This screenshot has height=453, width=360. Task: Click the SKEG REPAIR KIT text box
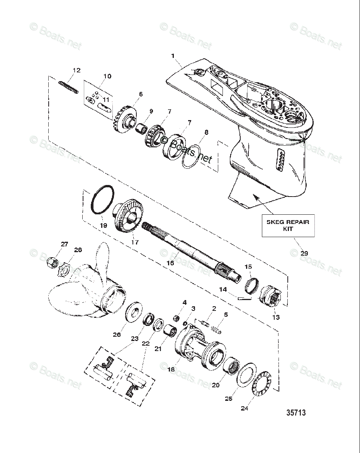(288, 225)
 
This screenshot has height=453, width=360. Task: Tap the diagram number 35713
(296, 412)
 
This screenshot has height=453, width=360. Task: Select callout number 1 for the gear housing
(173, 56)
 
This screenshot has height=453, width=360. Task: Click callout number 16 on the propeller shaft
(170, 263)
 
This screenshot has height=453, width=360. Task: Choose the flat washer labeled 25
(244, 374)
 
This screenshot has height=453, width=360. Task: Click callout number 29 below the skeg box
(304, 253)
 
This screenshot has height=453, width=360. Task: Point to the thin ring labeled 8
(191, 156)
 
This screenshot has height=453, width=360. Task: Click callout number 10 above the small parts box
(107, 76)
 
